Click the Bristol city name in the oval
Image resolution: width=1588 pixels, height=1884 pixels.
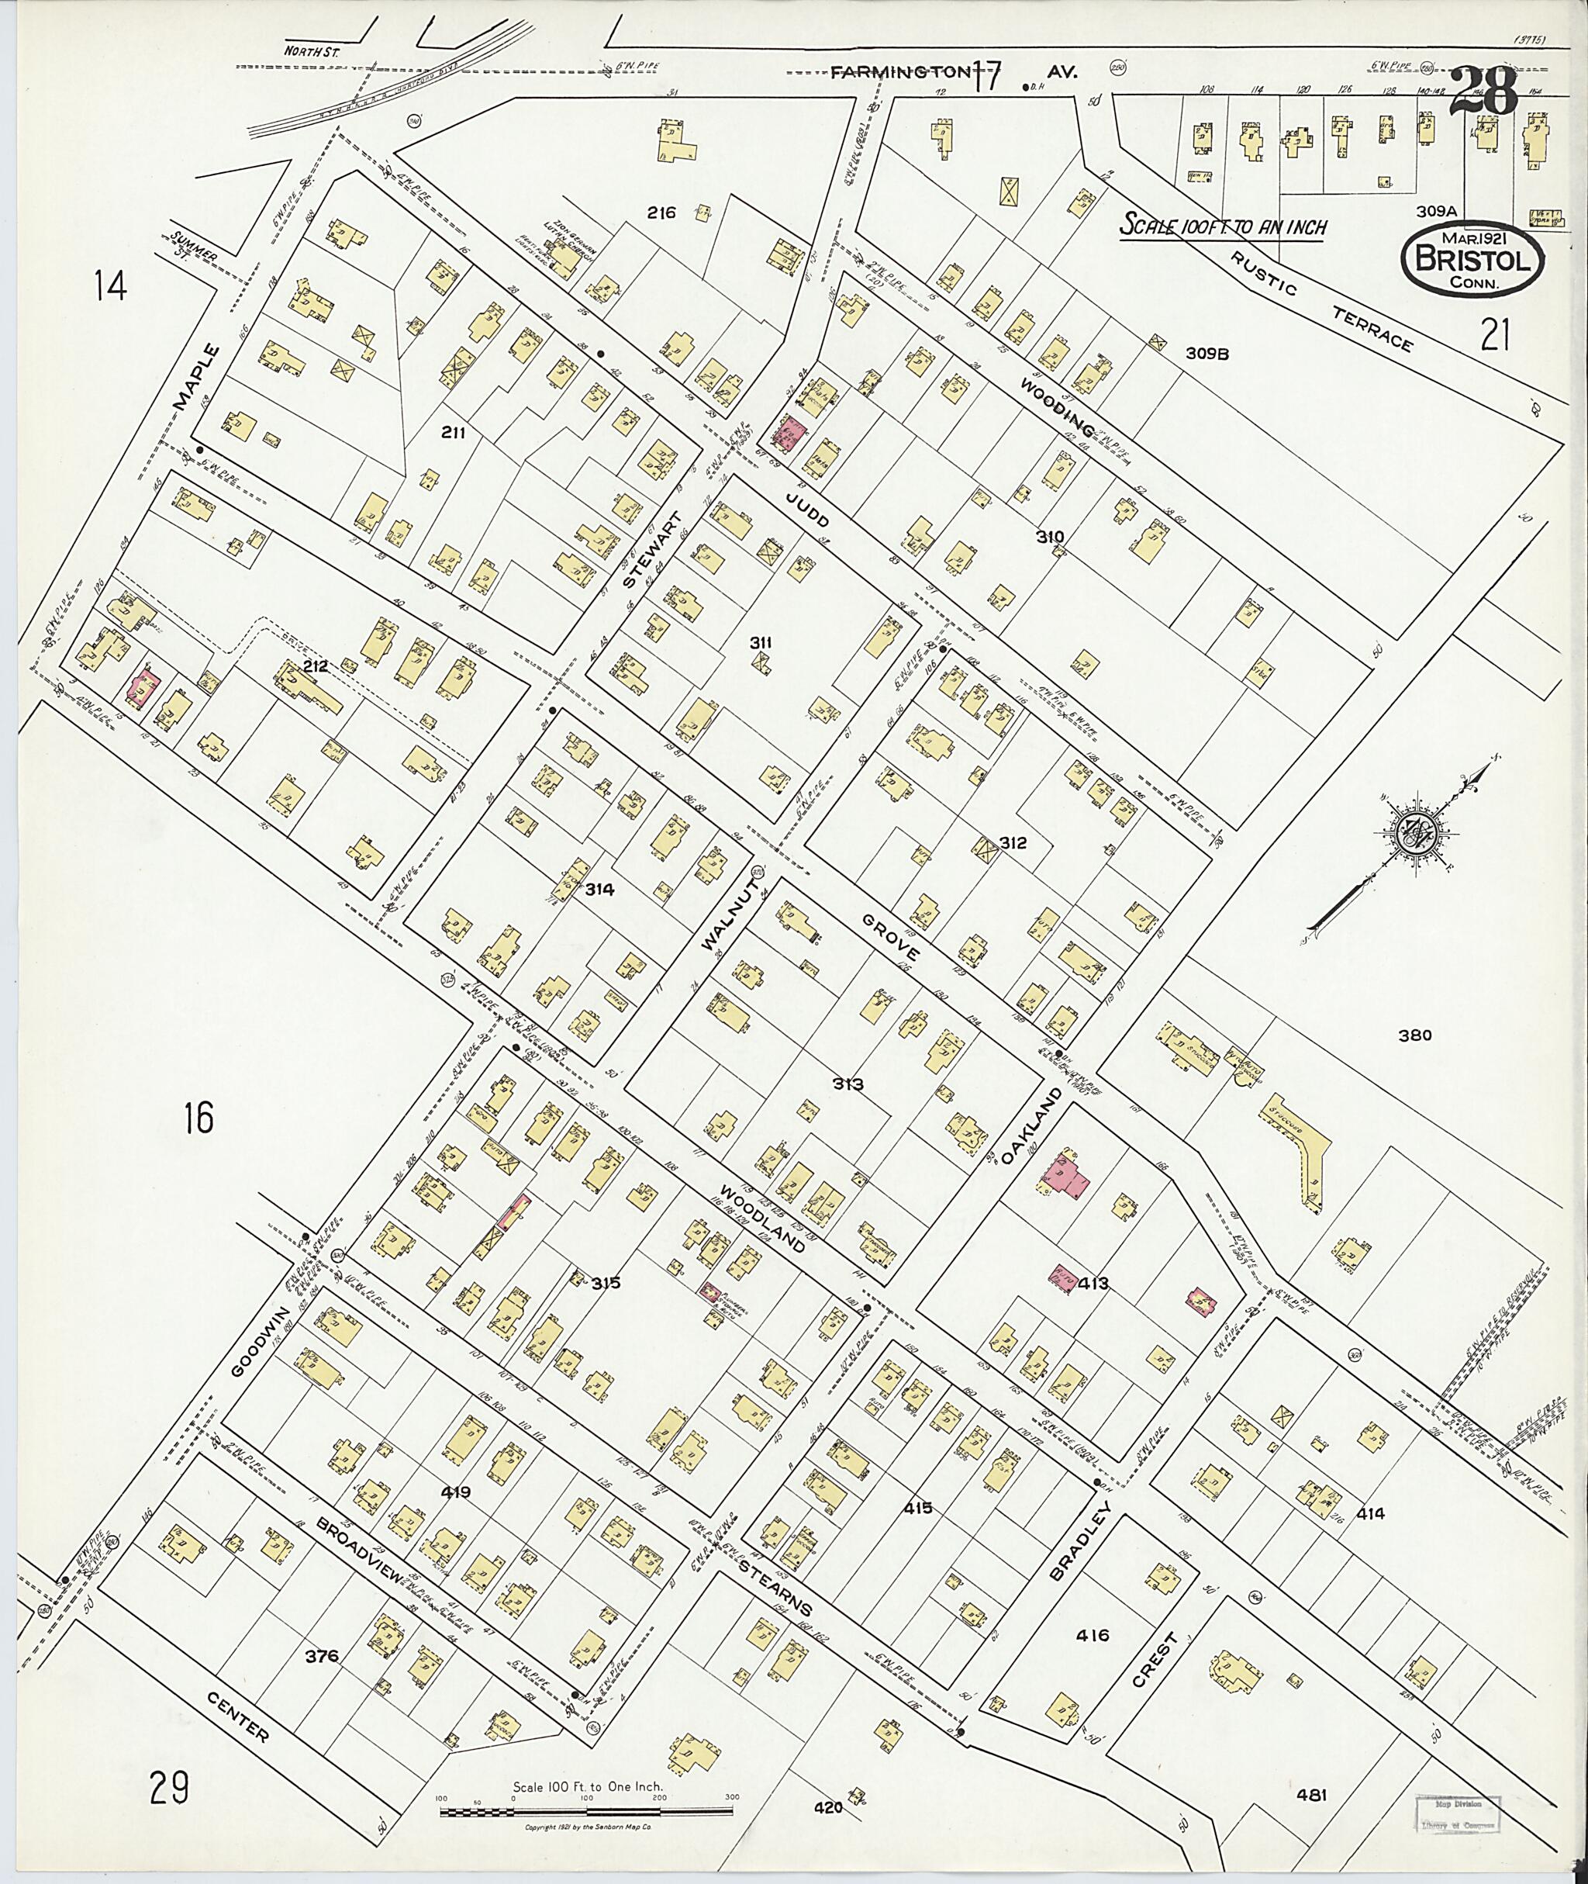coord(1472,259)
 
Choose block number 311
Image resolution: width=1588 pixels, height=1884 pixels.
coord(761,642)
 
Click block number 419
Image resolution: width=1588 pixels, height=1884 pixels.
coord(455,1492)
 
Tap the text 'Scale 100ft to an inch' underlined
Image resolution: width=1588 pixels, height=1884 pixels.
coord(1223,226)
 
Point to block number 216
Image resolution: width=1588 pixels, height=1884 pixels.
coord(661,213)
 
